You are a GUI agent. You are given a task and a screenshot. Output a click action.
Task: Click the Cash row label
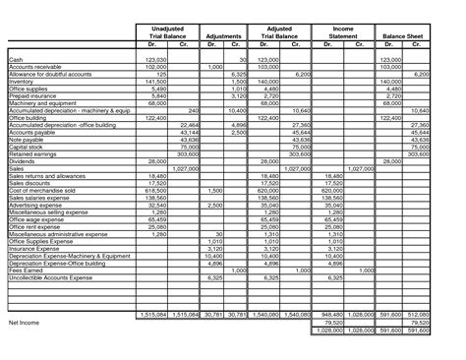pyautogui.click(x=16, y=60)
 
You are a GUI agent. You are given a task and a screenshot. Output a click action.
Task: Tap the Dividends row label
pyautogui.click(x=22, y=160)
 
